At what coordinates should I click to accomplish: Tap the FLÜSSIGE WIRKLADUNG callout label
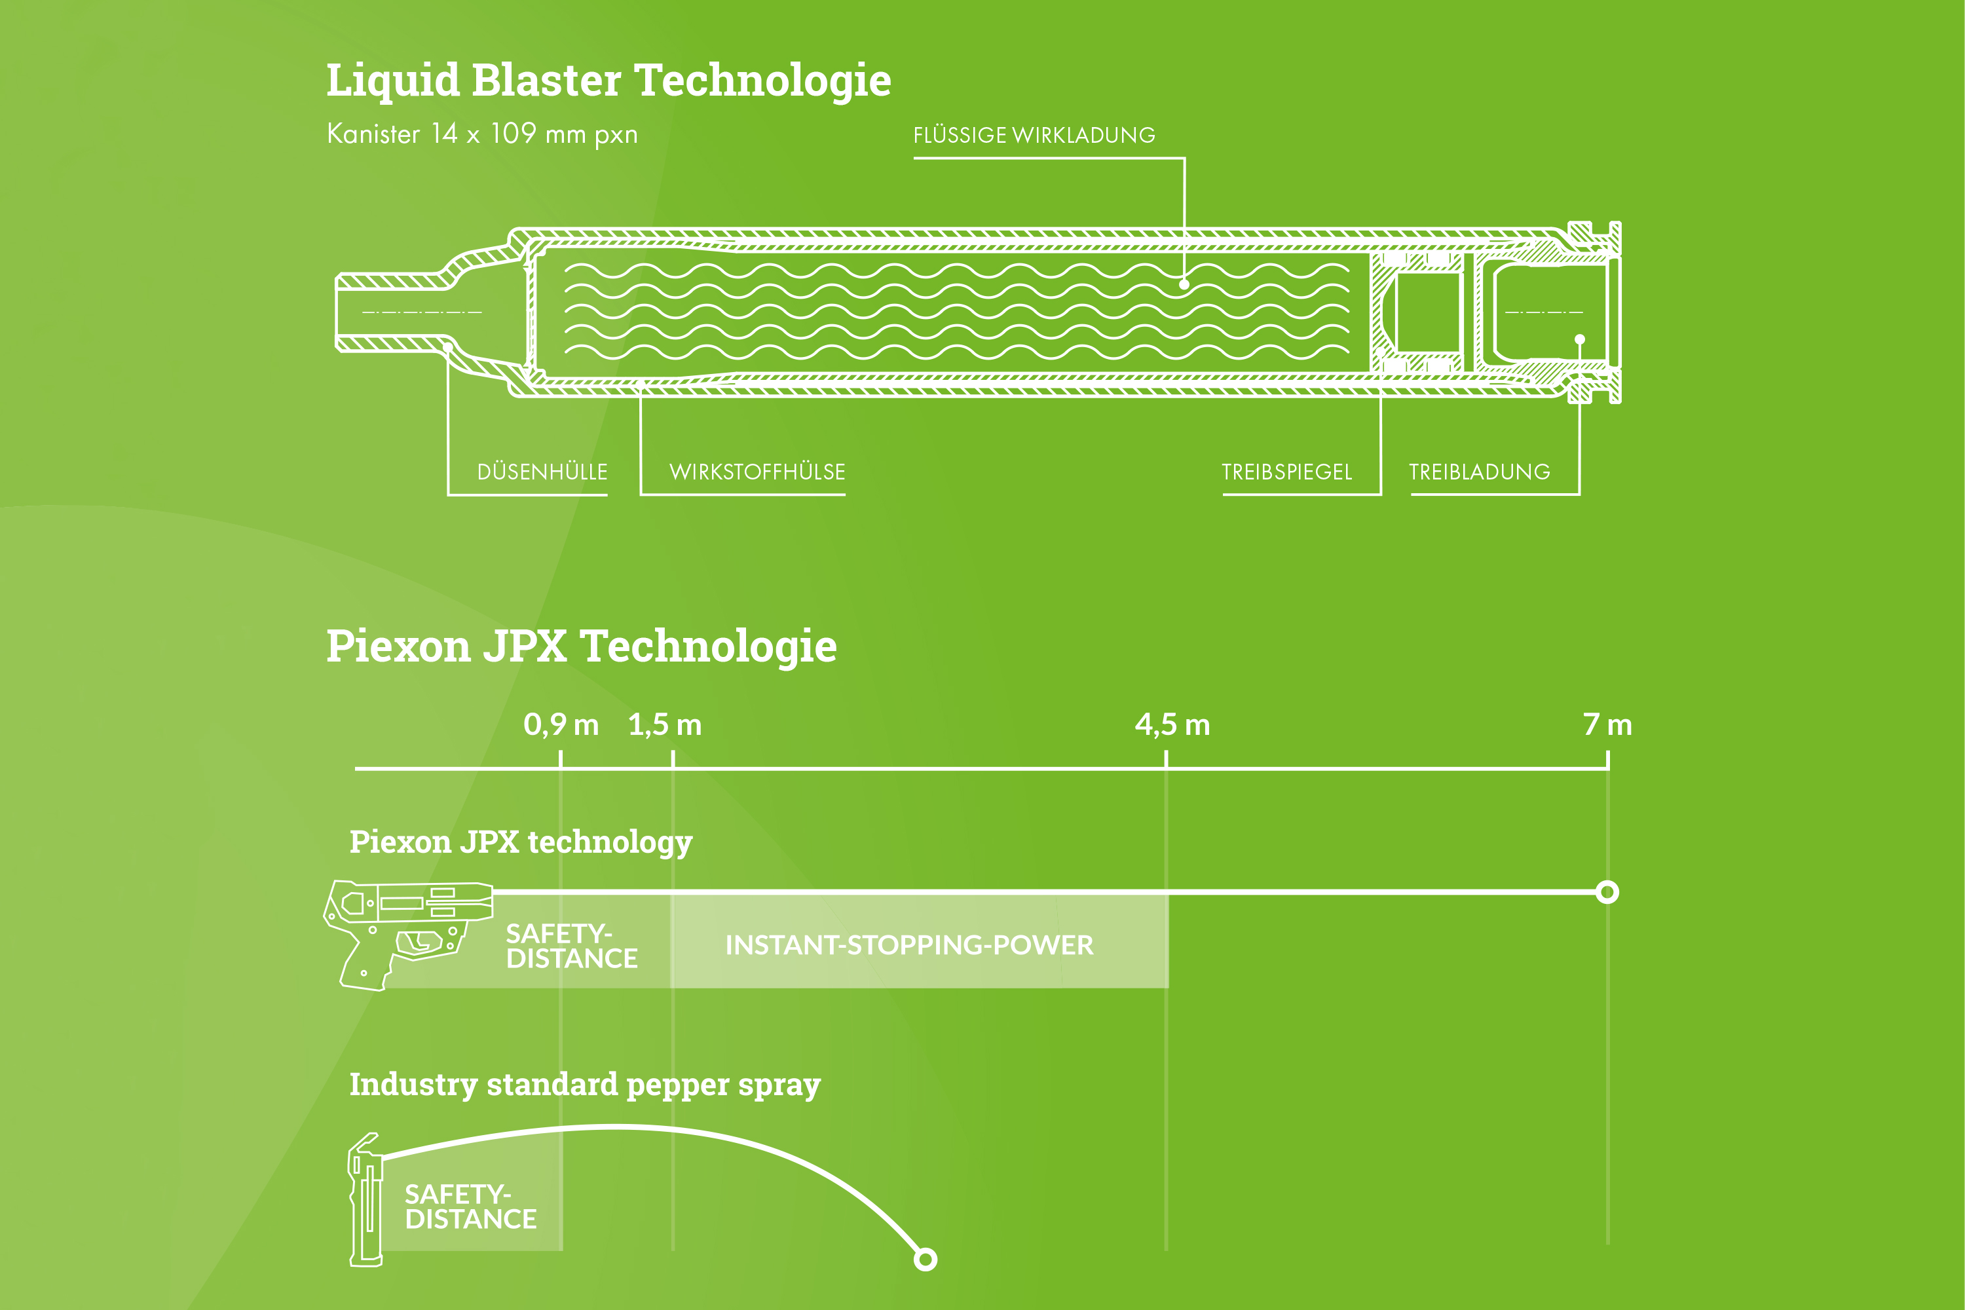1034,136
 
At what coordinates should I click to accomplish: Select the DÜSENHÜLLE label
542,472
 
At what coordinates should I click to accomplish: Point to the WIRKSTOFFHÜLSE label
757,472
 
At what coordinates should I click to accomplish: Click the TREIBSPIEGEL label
1286,472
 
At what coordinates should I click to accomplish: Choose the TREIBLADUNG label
1480,472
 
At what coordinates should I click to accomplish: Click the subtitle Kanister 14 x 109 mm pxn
482,134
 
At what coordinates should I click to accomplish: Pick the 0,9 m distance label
561,724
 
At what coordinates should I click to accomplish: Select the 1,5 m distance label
665,724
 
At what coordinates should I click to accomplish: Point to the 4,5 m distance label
1172,724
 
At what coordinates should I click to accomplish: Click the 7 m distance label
1607,724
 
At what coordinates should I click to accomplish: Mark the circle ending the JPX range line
1607,892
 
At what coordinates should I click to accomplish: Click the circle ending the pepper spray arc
925,1259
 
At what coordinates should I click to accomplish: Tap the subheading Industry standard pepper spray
585,1085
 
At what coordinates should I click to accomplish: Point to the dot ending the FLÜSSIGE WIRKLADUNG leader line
1184,285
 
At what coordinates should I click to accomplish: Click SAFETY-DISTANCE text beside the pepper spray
470,1207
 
